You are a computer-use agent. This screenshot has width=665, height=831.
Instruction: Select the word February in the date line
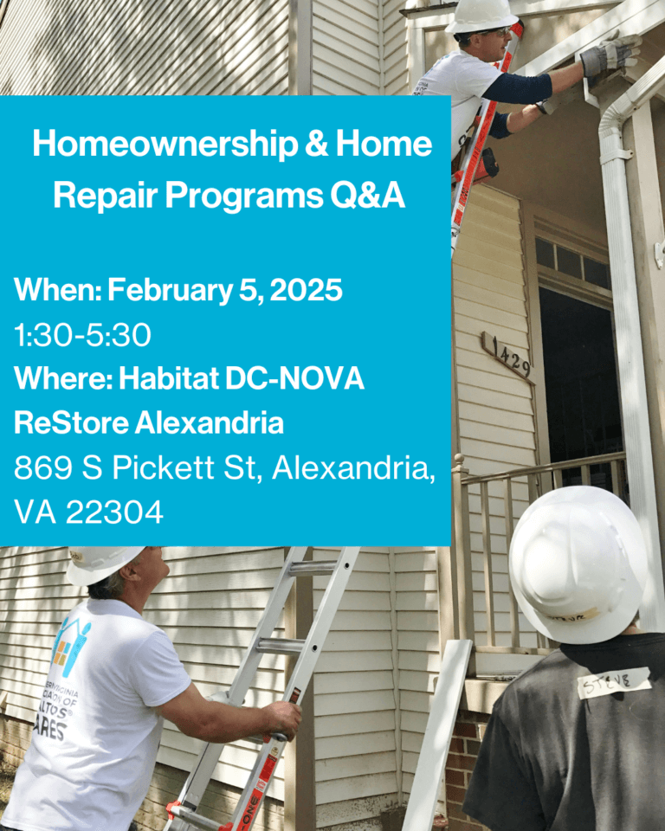coord(170,291)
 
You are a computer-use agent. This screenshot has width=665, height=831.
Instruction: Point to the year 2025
coord(307,291)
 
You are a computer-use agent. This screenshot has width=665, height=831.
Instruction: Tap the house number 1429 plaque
coord(509,355)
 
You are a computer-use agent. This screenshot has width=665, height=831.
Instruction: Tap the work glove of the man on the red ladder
coord(609,56)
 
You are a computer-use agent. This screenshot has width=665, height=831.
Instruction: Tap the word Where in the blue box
coord(60,379)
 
